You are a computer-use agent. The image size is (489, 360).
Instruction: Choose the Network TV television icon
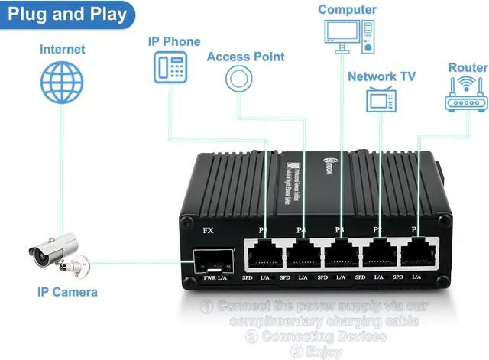point(380,99)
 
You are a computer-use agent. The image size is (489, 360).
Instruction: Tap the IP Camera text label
point(67,291)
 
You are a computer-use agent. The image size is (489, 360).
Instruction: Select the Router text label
point(468,67)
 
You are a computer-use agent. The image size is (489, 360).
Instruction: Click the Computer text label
point(347,9)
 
